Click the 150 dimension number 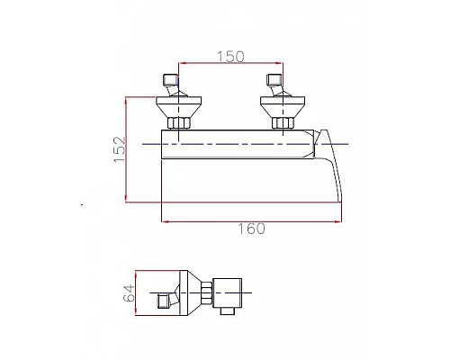[x=230, y=57]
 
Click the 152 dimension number [x=120, y=149]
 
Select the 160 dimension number [x=251, y=229]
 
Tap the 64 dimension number [x=130, y=293]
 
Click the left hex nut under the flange [x=179, y=123]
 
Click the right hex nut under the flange [x=283, y=123]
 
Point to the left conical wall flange [x=178, y=107]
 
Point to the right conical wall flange [x=283, y=107]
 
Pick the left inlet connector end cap [x=170, y=79]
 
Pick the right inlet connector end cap [x=274, y=79]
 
